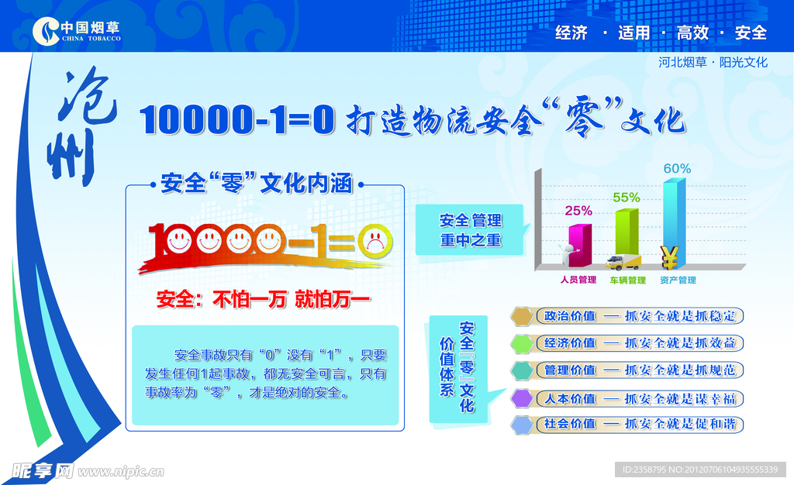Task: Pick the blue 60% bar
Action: point(674,221)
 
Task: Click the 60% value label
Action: point(676,168)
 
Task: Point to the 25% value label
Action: point(578,210)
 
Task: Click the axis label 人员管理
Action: point(578,280)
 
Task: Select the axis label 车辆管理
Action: point(627,280)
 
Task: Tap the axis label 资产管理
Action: point(678,280)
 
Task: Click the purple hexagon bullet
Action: point(523,398)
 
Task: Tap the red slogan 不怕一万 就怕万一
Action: point(264,299)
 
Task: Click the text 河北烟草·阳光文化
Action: point(712,62)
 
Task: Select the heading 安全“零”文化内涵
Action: point(256,184)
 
